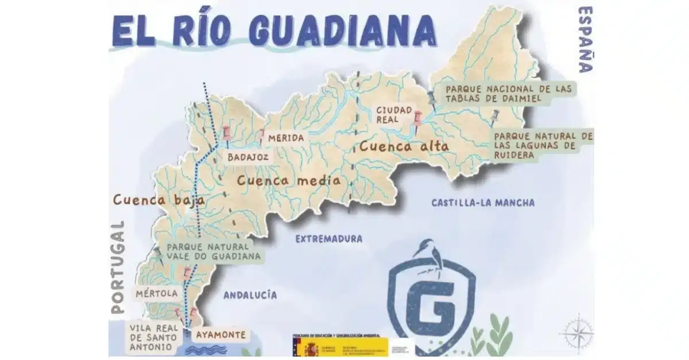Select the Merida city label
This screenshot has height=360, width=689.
pos(285,138)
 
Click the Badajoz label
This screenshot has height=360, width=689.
pos(245,156)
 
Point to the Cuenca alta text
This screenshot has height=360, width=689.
pos(404,146)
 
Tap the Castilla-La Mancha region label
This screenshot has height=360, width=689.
pos(483,203)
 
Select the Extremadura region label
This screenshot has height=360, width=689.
pos(329,239)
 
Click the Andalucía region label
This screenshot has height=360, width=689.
pos(250,295)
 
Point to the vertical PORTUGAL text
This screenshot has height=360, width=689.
pos(118,267)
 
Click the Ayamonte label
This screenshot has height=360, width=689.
pos(220,335)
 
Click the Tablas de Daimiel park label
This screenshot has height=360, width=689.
pos(509,94)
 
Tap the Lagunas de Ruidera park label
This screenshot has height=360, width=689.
pos(543,146)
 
